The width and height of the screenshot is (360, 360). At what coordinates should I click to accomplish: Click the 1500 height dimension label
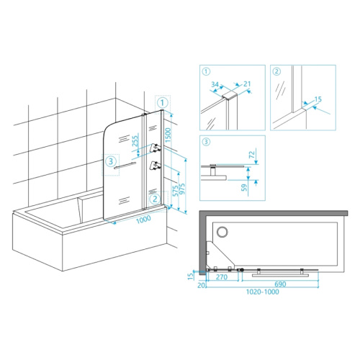pyautogui.click(x=168, y=135)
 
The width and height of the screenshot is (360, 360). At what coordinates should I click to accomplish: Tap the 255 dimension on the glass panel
pyautogui.click(x=135, y=141)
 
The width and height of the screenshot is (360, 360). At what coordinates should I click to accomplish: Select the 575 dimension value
pyautogui.click(x=176, y=191)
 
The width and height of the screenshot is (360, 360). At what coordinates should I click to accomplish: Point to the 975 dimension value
pyautogui.click(x=182, y=189)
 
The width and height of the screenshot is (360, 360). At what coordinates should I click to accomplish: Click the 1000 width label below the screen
pyautogui.click(x=143, y=220)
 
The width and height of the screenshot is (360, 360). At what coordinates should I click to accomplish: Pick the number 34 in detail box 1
pyautogui.click(x=215, y=84)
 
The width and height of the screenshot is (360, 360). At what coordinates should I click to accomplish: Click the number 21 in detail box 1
pyautogui.click(x=247, y=84)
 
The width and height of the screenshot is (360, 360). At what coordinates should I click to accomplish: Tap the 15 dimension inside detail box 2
pyautogui.click(x=318, y=99)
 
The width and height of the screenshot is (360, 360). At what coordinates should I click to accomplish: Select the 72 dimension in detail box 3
pyautogui.click(x=252, y=155)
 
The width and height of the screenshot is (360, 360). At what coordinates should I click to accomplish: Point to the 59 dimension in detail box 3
pyautogui.click(x=244, y=187)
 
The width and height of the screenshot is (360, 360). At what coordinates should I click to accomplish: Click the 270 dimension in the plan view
pyautogui.click(x=222, y=277)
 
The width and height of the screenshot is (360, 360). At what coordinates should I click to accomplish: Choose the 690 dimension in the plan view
pyautogui.click(x=280, y=284)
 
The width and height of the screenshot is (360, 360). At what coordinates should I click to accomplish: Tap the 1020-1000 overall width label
pyautogui.click(x=263, y=292)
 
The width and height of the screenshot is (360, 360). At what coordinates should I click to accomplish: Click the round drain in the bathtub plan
pyautogui.click(x=222, y=232)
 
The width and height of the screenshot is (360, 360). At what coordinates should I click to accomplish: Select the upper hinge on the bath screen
pyautogui.click(x=155, y=148)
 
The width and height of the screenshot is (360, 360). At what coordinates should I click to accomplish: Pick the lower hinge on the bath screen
pyautogui.click(x=155, y=166)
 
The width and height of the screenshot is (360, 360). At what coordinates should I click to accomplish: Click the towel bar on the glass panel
pyautogui.click(x=125, y=166)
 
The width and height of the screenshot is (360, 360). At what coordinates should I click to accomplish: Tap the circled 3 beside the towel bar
pyautogui.click(x=111, y=161)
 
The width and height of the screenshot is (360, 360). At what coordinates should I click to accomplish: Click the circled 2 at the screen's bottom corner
pyautogui.click(x=155, y=199)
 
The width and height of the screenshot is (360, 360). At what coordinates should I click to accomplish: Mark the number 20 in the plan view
pyautogui.click(x=202, y=285)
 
